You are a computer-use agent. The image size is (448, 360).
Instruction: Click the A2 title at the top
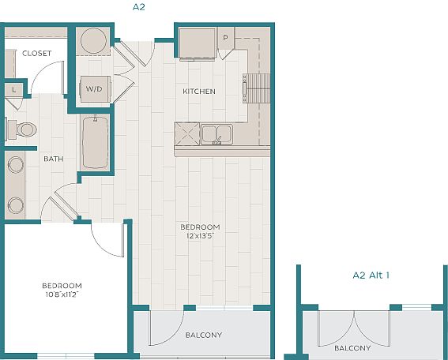pyautogui.click(x=139, y=7)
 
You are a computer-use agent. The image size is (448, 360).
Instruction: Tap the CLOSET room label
pyautogui.click(x=37, y=54)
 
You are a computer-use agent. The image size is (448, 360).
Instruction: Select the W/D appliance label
pyautogui.click(x=94, y=88)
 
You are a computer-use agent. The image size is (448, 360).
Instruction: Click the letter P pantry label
pyautogui.click(x=226, y=38)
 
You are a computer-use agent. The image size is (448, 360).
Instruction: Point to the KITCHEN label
pyautogui.click(x=199, y=92)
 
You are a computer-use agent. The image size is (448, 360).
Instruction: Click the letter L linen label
pyautogui.click(x=13, y=90)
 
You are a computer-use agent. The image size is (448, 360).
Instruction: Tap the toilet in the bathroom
pyautogui.click(x=21, y=129)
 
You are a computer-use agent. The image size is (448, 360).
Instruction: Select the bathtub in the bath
pyautogui.click(x=95, y=142)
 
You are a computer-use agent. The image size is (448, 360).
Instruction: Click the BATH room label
pyautogui.click(x=54, y=159)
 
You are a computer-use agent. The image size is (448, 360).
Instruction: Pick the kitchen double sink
pyautogui.click(x=216, y=134)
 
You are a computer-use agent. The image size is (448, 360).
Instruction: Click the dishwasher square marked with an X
pyautogui.click(x=187, y=134)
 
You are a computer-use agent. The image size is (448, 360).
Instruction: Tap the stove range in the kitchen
pyautogui.click(x=256, y=88)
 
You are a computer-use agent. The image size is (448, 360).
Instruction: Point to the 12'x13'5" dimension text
pyautogui.click(x=200, y=236)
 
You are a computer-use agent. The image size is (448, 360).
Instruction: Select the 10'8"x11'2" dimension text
pyautogui.click(x=62, y=294)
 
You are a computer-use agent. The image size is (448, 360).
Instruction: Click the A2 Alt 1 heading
pyautogui.click(x=371, y=276)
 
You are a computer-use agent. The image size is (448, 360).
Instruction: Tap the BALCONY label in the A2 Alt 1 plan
pyautogui.click(x=352, y=348)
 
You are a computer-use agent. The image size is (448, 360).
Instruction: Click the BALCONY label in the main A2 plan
pyautogui.click(x=204, y=335)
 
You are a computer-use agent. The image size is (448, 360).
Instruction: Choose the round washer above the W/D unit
pyautogui.click(x=93, y=41)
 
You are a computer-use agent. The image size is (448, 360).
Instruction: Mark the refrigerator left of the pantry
pyautogui.click(x=198, y=43)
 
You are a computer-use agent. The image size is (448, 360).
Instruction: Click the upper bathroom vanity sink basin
pyautogui.click(x=16, y=165)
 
